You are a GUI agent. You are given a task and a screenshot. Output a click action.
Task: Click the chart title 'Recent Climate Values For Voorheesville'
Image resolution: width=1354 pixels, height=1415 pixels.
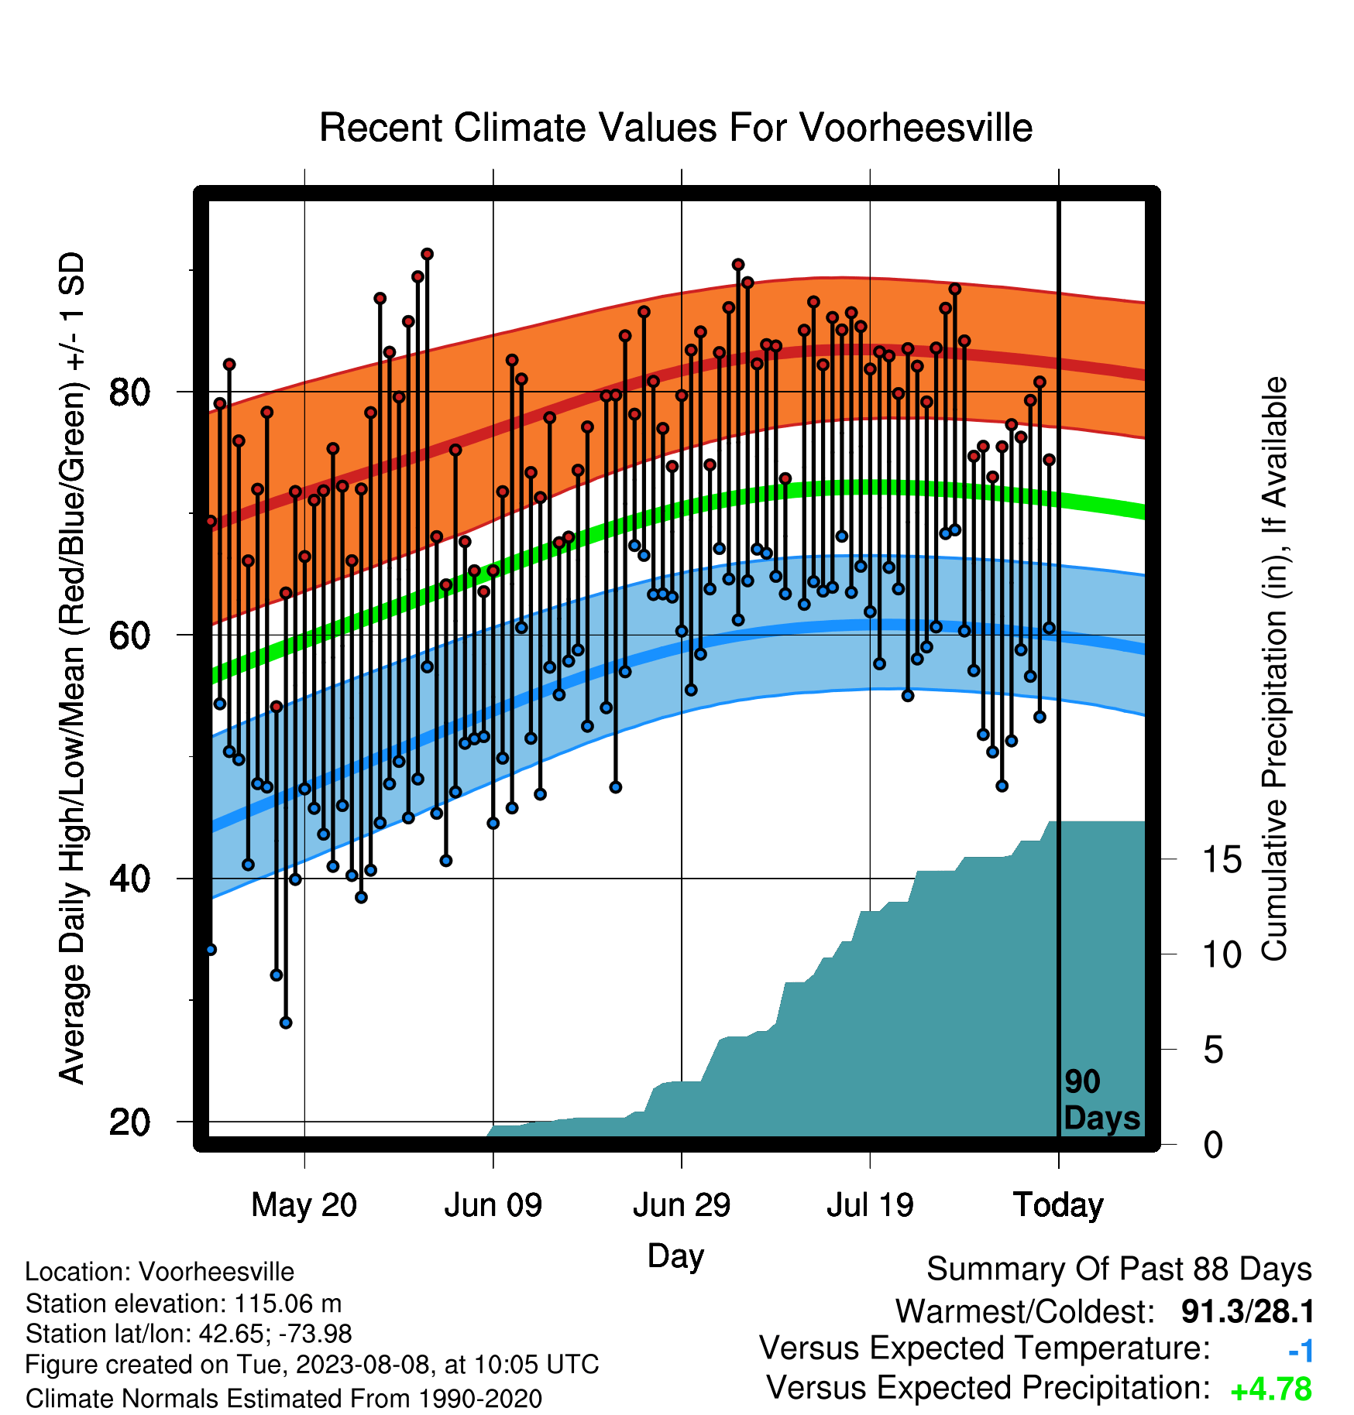coord(675,128)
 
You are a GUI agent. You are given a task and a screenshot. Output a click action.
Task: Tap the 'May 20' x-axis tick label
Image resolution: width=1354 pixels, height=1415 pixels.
coord(304,1205)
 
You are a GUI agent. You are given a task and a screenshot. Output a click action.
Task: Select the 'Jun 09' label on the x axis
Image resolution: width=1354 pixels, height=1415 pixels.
coord(493,1205)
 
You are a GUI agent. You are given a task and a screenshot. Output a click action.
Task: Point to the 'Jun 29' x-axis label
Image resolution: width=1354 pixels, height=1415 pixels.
coord(682,1205)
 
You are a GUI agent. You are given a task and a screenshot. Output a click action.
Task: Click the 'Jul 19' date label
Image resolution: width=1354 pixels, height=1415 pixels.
coord(870,1205)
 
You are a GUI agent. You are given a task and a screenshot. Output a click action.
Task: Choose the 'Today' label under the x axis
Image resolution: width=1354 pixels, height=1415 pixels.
coord(1058,1205)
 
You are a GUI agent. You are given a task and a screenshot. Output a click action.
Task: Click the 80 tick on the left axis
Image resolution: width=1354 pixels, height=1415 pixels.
coord(129,392)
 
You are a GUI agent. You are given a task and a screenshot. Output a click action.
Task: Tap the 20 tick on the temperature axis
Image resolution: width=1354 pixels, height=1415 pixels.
coord(129,1122)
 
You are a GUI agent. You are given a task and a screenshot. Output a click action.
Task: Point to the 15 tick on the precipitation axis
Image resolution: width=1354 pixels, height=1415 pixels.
coord(1222,859)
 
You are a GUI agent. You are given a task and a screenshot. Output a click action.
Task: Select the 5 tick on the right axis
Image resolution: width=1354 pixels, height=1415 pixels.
coord(1214,1050)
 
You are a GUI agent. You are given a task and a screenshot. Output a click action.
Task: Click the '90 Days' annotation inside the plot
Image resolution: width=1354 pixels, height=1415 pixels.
coord(1101,1100)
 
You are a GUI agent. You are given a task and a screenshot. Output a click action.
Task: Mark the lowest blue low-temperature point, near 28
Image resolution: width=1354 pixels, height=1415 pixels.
coord(286,1023)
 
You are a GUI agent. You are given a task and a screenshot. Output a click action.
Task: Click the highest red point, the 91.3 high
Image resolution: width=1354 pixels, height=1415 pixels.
coord(427,254)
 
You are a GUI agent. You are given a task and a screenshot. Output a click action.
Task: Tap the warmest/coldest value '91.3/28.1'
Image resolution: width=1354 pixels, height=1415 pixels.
coord(1247,1311)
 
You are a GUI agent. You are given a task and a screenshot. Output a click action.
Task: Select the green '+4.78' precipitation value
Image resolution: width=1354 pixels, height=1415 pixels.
coord(1271,1389)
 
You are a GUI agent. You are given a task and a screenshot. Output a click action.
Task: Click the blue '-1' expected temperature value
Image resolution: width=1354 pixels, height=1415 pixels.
coord(1301,1351)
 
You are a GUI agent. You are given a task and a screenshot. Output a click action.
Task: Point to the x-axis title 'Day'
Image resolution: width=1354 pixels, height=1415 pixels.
coord(675,1256)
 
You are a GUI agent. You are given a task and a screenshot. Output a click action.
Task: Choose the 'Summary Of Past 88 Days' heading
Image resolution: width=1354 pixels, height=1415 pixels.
coord(1119,1269)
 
